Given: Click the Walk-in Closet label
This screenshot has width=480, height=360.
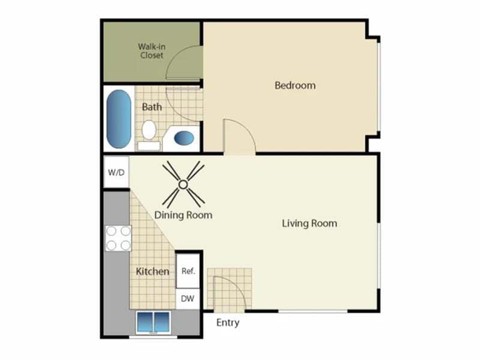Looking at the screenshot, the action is click(152, 51).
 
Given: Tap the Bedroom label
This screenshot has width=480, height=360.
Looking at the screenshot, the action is click(295, 85).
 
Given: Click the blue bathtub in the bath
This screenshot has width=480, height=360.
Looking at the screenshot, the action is click(119, 119).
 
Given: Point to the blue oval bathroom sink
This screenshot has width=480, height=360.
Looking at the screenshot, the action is click(184, 138).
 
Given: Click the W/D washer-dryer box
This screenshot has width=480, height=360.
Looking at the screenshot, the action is click(116, 172).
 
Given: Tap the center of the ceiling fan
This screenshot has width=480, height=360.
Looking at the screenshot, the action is click(183, 184).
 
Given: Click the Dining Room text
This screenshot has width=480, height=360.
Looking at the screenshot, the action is click(183, 215).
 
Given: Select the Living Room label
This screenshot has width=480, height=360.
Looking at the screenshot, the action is click(310, 223).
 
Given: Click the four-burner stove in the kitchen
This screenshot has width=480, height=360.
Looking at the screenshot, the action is click(118, 238).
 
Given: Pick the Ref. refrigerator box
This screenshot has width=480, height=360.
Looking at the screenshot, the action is click(188, 271).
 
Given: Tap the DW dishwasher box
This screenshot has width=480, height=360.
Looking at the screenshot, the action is click(188, 298).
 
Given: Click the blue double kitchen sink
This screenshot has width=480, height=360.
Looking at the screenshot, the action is click(154, 322).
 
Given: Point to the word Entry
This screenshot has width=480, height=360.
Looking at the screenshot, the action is click(228, 322).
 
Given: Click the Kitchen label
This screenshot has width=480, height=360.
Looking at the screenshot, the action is click(152, 271).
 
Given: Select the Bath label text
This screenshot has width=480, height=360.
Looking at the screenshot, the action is click(152, 107).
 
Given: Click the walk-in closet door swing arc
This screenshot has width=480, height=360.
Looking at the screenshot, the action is click(173, 55).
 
